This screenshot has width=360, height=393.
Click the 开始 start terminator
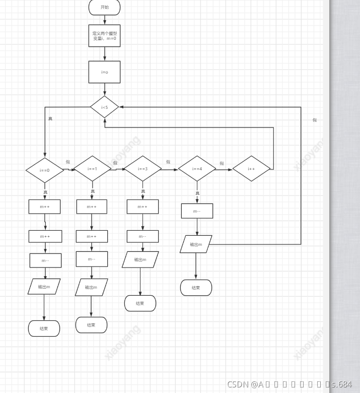pos(104,8)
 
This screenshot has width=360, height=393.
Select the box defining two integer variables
pos(104,36)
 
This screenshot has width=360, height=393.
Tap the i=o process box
pos(104,72)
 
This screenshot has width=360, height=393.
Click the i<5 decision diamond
pos(104,107)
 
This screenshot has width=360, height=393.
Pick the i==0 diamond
pos(45,170)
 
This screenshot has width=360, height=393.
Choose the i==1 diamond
pos(92,169)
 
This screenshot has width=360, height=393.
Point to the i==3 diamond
pos(142,169)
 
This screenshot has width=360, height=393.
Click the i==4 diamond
pos(197,169)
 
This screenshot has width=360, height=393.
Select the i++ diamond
pos(251,169)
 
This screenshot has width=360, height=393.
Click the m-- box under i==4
pos(197,211)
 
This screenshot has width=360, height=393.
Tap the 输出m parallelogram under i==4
pos(196,244)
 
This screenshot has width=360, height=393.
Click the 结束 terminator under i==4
pos(196,288)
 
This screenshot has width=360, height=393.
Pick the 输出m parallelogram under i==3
pos(140,259)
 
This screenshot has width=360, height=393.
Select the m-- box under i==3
pos(142,236)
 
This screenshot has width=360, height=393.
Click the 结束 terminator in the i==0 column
pos(44,329)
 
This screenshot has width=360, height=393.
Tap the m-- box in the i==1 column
pos(92,259)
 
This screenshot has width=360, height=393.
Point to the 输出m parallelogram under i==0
pos(44,287)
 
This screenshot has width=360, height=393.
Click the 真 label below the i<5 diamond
pos(50,119)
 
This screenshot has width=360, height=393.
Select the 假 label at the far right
pos(315,120)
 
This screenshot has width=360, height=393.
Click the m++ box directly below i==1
pos(92,207)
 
